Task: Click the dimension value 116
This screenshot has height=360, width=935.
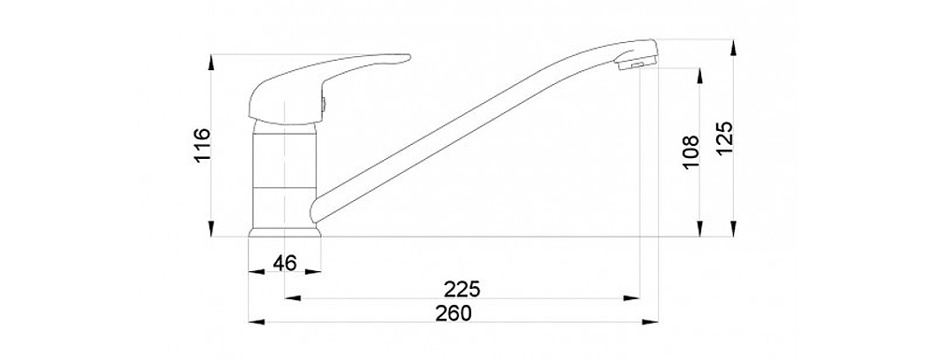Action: (202, 145)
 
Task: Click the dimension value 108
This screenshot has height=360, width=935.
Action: (690, 151)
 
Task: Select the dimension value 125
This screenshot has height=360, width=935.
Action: (724, 138)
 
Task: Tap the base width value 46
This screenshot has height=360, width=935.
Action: (284, 262)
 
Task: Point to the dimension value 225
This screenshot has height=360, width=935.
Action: (462, 289)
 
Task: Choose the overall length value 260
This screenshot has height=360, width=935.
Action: (453, 313)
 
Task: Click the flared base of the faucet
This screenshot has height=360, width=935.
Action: (284, 231)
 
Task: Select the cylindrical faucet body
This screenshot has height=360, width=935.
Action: (284, 178)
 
